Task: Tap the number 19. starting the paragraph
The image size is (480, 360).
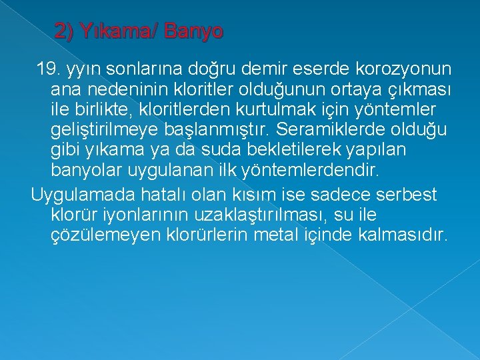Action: tap(49, 69)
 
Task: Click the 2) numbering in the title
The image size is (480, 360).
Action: tap(65, 31)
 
